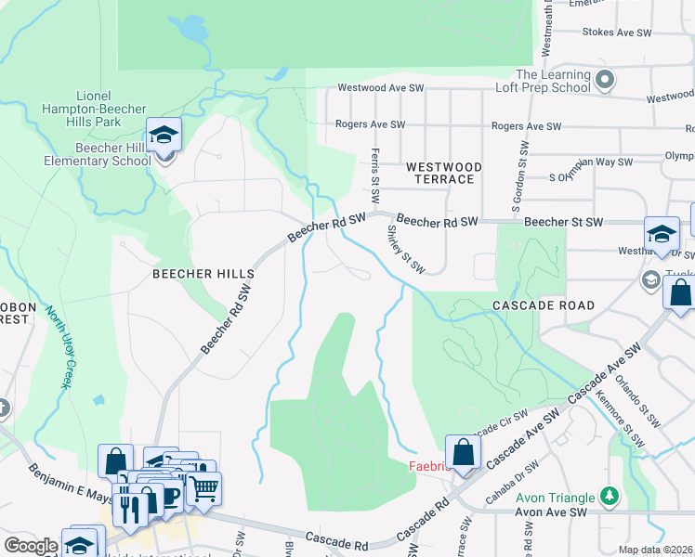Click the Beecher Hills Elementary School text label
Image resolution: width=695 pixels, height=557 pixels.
click(x=98, y=154)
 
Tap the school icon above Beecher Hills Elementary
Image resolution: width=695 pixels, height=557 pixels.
click(x=164, y=136)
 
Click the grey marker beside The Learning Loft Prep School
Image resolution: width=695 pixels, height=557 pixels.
click(x=606, y=81)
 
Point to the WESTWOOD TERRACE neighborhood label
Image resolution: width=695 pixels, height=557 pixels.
click(x=444, y=173)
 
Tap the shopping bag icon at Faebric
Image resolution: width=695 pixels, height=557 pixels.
click(x=464, y=453)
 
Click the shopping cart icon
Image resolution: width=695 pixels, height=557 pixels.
click(x=203, y=487)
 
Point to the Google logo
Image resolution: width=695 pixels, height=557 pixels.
click(x=31, y=546)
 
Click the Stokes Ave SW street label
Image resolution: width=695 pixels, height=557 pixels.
click(x=617, y=32)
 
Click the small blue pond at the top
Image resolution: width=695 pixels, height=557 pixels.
click(x=192, y=30)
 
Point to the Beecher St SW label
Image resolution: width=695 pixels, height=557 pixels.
click(x=563, y=222)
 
